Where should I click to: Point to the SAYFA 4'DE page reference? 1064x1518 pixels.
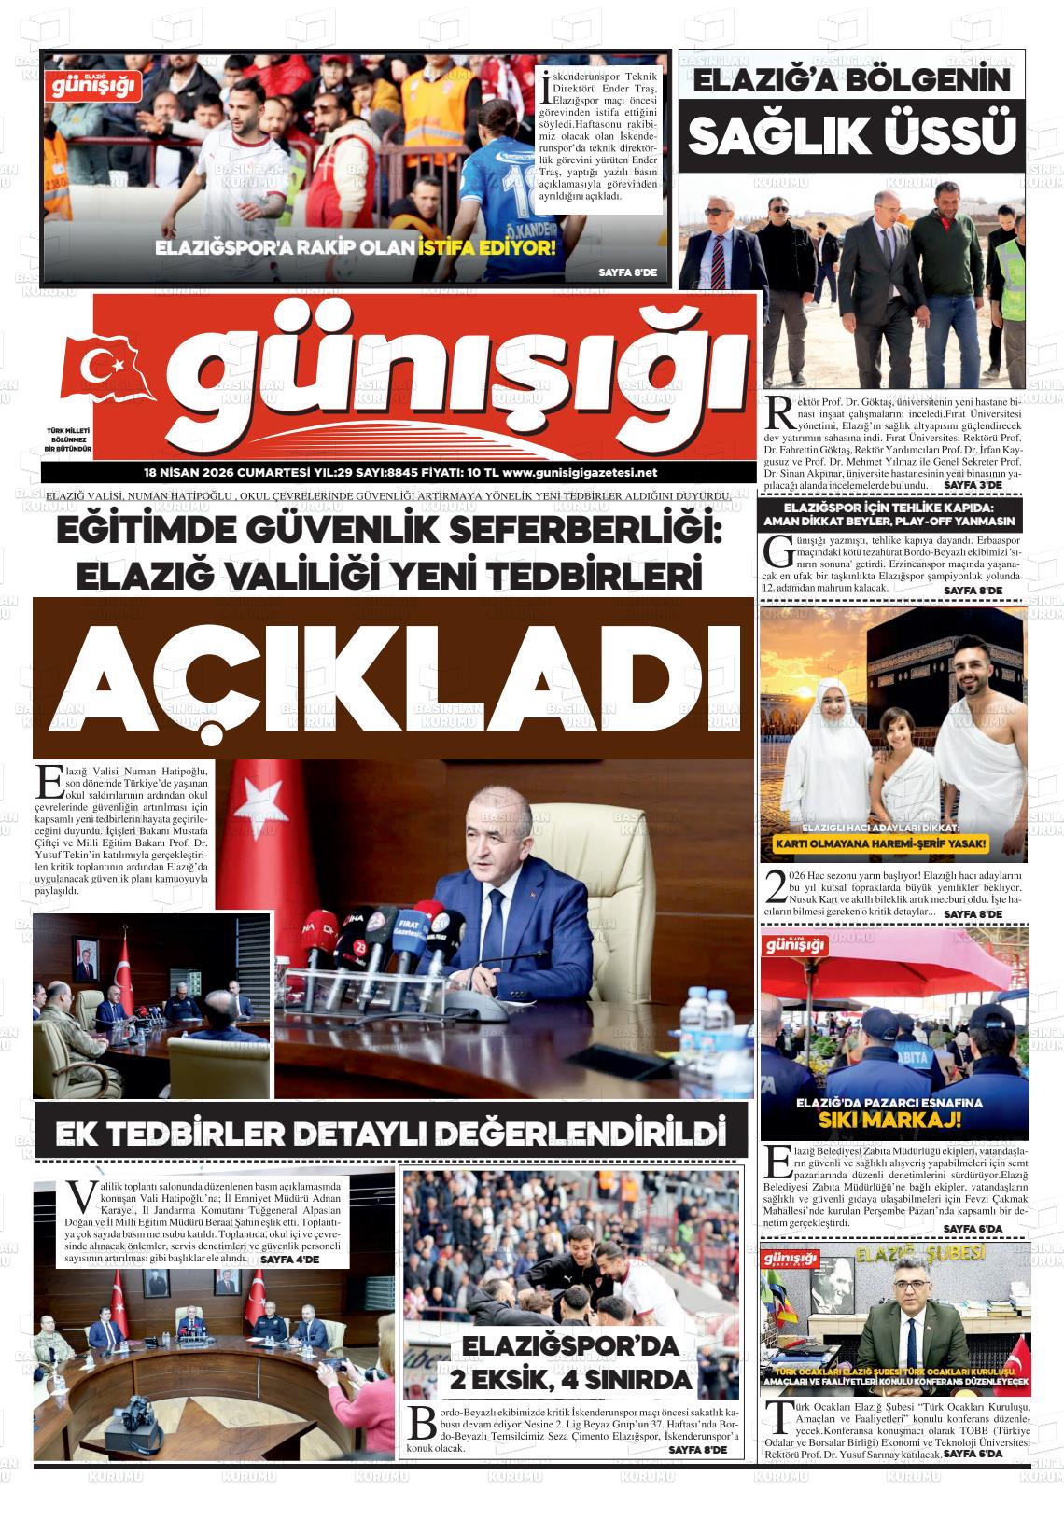tap(289, 1260)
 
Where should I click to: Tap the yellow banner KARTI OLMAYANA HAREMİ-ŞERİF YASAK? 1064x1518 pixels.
tap(893, 847)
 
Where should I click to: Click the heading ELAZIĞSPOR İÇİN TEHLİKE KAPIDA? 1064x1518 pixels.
tap(892, 507)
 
